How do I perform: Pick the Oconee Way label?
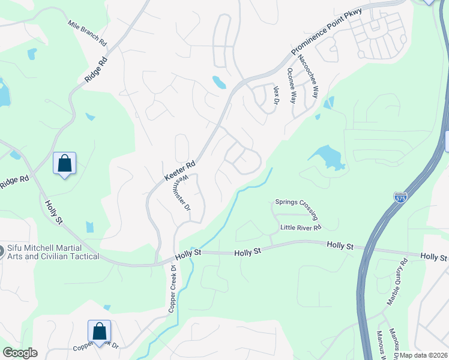pyautogui.click(x=291, y=85)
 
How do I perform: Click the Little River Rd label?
pyautogui.click(x=301, y=227)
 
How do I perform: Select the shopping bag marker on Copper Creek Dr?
pyautogui.click(x=99, y=331)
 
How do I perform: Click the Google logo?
pyautogui.click(x=20, y=353)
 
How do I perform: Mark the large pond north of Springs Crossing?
pyautogui.click(x=327, y=157)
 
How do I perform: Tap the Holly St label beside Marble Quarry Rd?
pyautogui.click(x=433, y=257)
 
